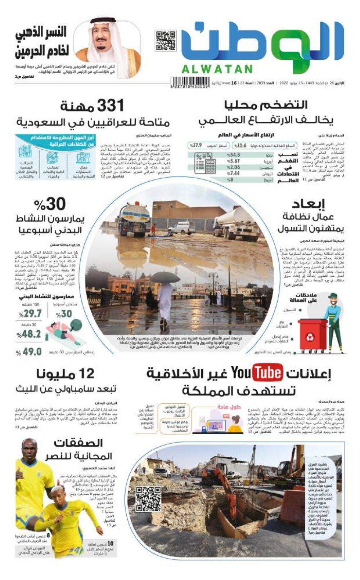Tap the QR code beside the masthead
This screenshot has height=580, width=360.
click(x=165, y=41)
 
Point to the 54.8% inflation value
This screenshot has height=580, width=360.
click(x=233, y=155)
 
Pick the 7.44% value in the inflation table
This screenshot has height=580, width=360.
click(x=233, y=173)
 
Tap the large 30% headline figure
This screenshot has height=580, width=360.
click(x=50, y=204)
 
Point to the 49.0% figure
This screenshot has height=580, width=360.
click(x=32, y=352)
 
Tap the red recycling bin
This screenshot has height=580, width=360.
click(x=312, y=335)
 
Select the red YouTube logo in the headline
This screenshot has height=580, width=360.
click(x=268, y=373)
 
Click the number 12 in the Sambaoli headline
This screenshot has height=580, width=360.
click(x=87, y=374)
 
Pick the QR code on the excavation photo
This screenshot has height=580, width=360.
click(x=148, y=499)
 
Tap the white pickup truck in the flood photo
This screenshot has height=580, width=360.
click(x=182, y=227)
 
